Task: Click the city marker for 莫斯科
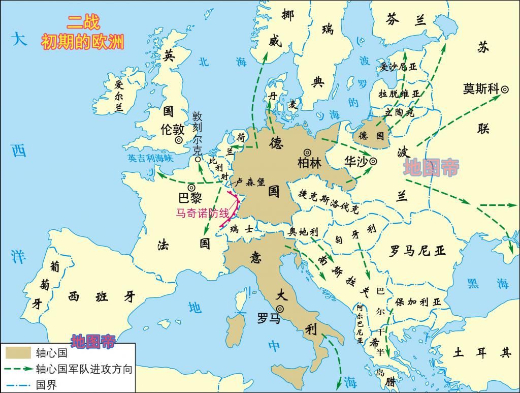(505, 89)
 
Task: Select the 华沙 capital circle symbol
(373, 161)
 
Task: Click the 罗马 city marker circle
(279, 309)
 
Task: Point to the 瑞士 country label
(241, 229)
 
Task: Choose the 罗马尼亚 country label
(417, 251)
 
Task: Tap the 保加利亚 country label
(418, 301)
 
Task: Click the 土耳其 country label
(483, 352)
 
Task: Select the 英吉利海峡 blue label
(150, 158)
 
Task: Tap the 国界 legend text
(47, 384)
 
